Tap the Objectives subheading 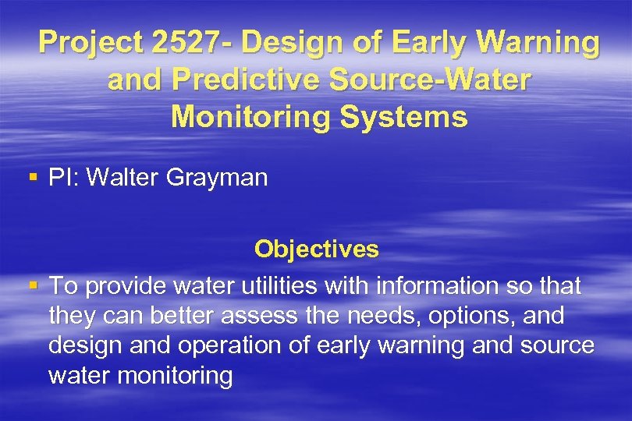[x=316, y=249]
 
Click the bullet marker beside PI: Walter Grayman [x=32, y=178]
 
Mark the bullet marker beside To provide [x=32, y=286]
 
